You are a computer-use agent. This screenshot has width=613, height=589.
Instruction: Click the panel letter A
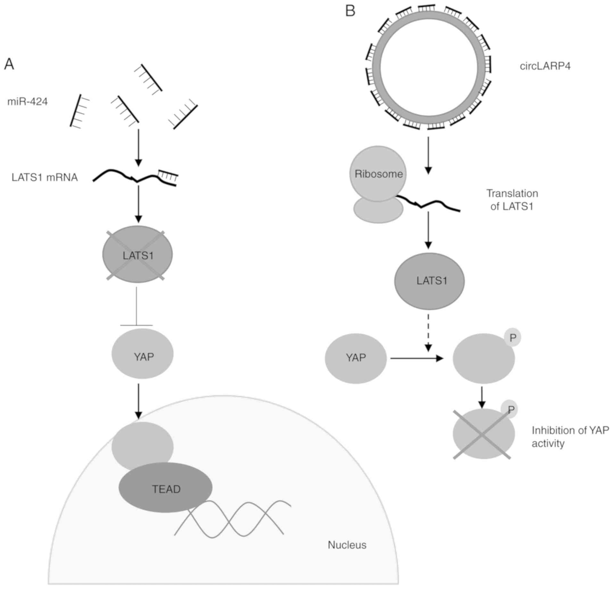9,64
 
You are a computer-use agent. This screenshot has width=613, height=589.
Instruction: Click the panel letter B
350,12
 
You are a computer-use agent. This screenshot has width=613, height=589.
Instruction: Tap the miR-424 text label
28,102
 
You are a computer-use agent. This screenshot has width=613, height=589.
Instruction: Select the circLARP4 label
545,66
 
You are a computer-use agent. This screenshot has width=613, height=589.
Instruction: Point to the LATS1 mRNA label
45,177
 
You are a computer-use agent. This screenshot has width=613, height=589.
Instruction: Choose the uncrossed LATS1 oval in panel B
429,281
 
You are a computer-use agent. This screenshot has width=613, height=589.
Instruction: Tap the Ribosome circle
378,174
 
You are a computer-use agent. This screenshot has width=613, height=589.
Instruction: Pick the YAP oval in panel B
356,358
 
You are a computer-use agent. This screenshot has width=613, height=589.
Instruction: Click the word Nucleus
347,545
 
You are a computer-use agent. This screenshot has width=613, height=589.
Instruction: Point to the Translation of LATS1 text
512,200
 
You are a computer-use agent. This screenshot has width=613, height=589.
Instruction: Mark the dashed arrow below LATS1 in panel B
429,332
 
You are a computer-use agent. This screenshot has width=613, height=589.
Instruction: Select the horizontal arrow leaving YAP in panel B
417,358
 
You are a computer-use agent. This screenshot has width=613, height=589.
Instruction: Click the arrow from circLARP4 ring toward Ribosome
428,155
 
